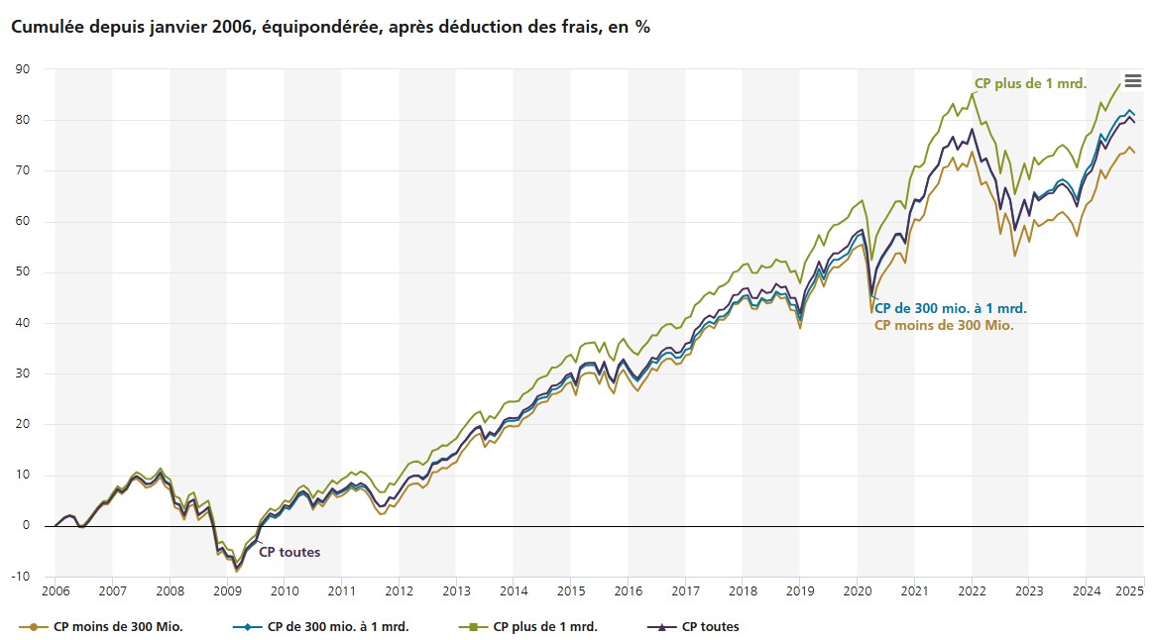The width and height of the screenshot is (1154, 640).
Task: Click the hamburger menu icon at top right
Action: (1132, 81)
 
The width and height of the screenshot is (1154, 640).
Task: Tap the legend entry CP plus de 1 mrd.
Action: (544, 626)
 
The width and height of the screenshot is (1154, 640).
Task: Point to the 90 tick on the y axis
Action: (22, 69)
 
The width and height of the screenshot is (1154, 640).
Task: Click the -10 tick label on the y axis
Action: (20, 577)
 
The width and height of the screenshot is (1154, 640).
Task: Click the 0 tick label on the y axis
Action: (27, 526)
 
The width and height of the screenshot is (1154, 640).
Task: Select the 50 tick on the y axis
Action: (22, 272)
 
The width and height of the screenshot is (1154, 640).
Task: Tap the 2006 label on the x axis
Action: (56, 591)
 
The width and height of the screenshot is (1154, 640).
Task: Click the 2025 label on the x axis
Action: (1130, 591)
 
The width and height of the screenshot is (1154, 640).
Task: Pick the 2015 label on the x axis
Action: (570, 591)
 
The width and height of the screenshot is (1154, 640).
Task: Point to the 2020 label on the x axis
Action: (857, 591)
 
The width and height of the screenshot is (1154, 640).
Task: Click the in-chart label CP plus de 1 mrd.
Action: (1031, 83)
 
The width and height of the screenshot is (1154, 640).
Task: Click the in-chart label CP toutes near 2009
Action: (289, 552)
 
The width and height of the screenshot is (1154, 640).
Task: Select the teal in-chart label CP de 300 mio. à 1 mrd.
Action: (950, 308)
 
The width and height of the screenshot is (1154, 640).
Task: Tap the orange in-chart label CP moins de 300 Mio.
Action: (944, 325)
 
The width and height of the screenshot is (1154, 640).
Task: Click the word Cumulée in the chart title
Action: (47, 28)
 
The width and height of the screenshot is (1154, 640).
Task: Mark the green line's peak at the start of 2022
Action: (973, 93)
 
